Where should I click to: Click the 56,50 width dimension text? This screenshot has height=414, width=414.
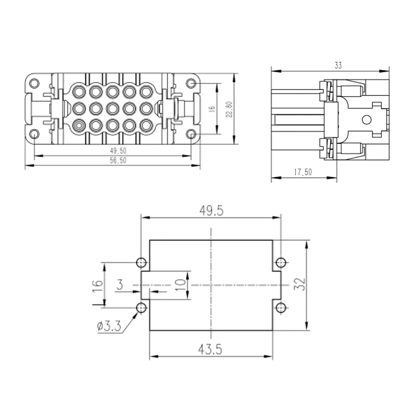click(x=118, y=160)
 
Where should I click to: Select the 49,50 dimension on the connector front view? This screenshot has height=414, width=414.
click(x=118, y=151)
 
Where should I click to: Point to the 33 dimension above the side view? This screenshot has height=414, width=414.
click(x=338, y=65)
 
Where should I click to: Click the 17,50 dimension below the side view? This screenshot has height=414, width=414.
click(x=303, y=172)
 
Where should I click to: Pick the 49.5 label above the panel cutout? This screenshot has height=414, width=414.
click(x=211, y=211)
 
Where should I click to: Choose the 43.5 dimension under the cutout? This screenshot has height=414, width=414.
click(x=210, y=349)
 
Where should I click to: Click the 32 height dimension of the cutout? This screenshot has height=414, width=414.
click(x=300, y=284)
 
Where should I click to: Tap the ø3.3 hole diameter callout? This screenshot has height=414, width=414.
click(x=109, y=326)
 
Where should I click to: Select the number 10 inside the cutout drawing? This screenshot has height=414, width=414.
click(x=181, y=285)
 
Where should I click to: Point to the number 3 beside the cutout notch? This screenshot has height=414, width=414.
click(x=120, y=285)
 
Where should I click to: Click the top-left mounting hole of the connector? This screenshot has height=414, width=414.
click(x=34, y=84)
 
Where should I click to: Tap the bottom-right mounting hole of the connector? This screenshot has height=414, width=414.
click(x=191, y=134)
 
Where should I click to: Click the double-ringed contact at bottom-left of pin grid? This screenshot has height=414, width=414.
click(x=79, y=125)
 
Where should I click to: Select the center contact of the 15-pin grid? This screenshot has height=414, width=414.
click(x=113, y=108)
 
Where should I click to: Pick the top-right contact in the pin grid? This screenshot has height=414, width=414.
click(x=146, y=91)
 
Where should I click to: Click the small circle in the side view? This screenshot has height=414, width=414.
click(x=366, y=120)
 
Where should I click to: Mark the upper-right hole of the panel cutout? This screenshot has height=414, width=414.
click(x=281, y=263)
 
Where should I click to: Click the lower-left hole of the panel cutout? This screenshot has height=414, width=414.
click(x=141, y=308)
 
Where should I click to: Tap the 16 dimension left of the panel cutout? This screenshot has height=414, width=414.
click(x=97, y=286)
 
